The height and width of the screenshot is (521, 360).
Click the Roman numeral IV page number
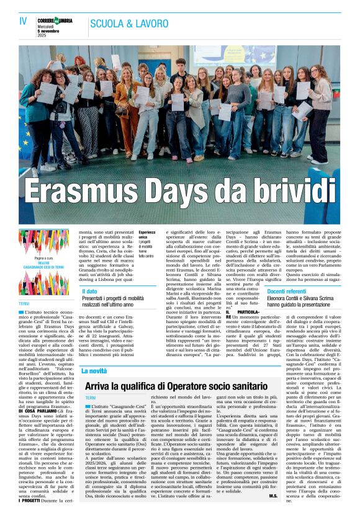point(23,20)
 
